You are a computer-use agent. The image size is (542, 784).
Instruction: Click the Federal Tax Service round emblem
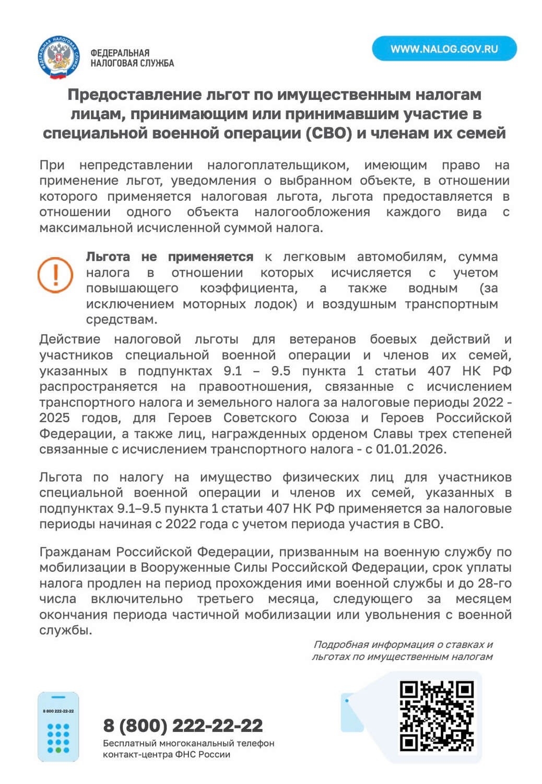click(x=58, y=57)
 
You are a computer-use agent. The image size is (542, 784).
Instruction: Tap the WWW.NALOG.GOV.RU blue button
click(x=444, y=49)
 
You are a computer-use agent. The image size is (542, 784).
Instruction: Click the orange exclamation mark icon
click(x=55, y=274)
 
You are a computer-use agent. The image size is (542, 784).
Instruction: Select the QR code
click(x=437, y=716)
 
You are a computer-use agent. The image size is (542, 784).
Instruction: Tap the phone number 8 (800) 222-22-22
click(x=183, y=725)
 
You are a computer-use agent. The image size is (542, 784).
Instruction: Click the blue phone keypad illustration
click(x=58, y=727)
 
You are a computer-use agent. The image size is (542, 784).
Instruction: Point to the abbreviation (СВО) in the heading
click(x=327, y=133)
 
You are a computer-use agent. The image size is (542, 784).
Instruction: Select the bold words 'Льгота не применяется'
click(x=169, y=257)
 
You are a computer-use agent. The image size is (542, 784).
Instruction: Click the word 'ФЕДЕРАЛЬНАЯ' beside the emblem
click(x=120, y=53)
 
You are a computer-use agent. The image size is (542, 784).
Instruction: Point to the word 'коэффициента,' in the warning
click(x=249, y=288)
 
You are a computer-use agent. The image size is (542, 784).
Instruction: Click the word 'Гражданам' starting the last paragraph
click(x=76, y=552)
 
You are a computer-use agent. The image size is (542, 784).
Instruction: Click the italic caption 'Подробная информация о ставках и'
click(x=403, y=644)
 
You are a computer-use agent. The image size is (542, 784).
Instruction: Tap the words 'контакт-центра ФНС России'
click(x=166, y=754)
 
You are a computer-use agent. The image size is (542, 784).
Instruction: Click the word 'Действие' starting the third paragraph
click(x=70, y=339)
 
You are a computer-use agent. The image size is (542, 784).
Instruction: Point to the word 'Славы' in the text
click(x=392, y=433)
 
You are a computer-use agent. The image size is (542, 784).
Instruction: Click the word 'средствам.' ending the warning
click(x=122, y=319)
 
